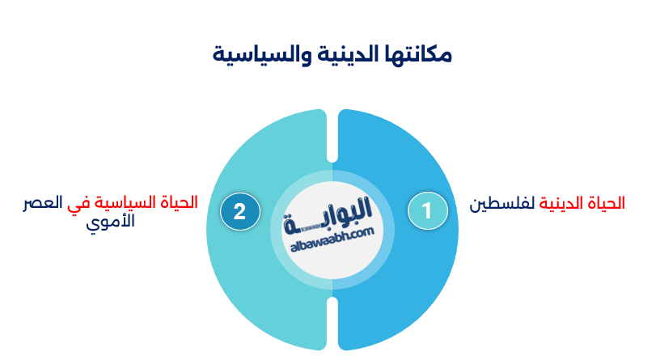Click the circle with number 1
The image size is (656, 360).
click(427, 211)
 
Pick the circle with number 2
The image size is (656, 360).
click(239, 211)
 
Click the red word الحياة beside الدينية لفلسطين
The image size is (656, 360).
click(605, 203)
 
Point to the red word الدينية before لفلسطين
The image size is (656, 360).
click(558, 203)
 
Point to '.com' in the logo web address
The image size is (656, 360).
click(362, 232)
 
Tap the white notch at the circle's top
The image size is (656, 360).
click(332, 133)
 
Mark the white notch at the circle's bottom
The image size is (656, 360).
click(332, 324)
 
